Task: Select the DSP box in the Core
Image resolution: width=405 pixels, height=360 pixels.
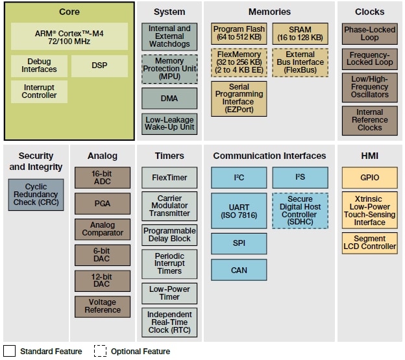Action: (99, 66)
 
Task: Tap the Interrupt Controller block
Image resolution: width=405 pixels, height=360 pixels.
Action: (39, 91)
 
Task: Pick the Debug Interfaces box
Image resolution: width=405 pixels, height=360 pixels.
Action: (39, 66)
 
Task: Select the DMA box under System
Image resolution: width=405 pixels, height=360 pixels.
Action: (169, 98)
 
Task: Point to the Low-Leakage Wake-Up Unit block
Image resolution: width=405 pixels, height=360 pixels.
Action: (169, 123)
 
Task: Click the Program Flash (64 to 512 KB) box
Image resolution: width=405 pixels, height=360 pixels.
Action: (239, 34)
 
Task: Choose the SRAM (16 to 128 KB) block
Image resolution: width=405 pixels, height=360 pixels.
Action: (299, 34)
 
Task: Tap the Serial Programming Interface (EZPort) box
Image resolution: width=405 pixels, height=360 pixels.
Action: (239, 99)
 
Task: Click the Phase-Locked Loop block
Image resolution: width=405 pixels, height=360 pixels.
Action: (369, 34)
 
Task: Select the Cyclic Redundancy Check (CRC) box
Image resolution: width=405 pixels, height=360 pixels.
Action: (36, 195)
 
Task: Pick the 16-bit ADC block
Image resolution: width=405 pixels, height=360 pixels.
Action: (103, 178)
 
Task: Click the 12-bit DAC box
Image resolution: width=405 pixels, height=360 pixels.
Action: (103, 281)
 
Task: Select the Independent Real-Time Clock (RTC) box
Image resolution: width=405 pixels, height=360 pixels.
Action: (169, 322)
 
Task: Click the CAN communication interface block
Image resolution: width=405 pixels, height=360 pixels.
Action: (239, 270)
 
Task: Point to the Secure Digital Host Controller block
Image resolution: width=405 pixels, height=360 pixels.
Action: (299, 211)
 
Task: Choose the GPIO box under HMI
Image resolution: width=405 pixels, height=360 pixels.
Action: (369, 177)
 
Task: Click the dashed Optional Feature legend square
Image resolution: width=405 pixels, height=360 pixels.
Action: (100, 351)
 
